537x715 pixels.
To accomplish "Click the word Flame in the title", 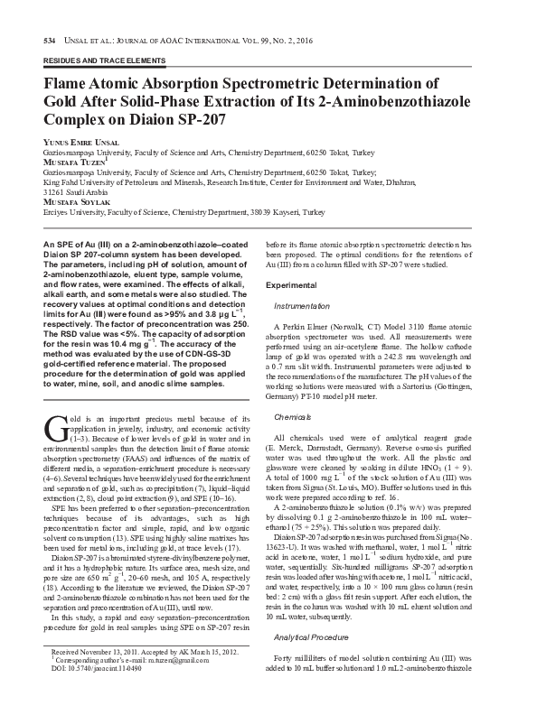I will [55, 81].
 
